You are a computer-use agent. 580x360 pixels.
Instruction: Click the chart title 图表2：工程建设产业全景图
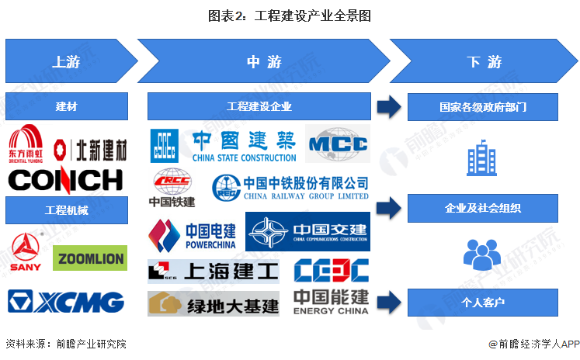pyautogui.click(x=290, y=15)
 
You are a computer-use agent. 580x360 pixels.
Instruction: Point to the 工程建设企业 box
pyautogui.click(x=259, y=106)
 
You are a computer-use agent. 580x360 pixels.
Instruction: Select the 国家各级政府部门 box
pyautogui.click(x=483, y=106)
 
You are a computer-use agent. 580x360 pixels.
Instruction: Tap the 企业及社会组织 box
pyautogui.click(x=483, y=208)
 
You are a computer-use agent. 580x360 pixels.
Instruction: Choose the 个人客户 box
pyautogui.click(x=483, y=301)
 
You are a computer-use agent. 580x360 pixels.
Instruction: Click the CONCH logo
pyautogui.click(x=66, y=179)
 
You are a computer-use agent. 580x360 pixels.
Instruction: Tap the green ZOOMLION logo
pyautogui.click(x=89, y=258)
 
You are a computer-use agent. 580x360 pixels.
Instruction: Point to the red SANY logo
pyautogui.click(x=25, y=252)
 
